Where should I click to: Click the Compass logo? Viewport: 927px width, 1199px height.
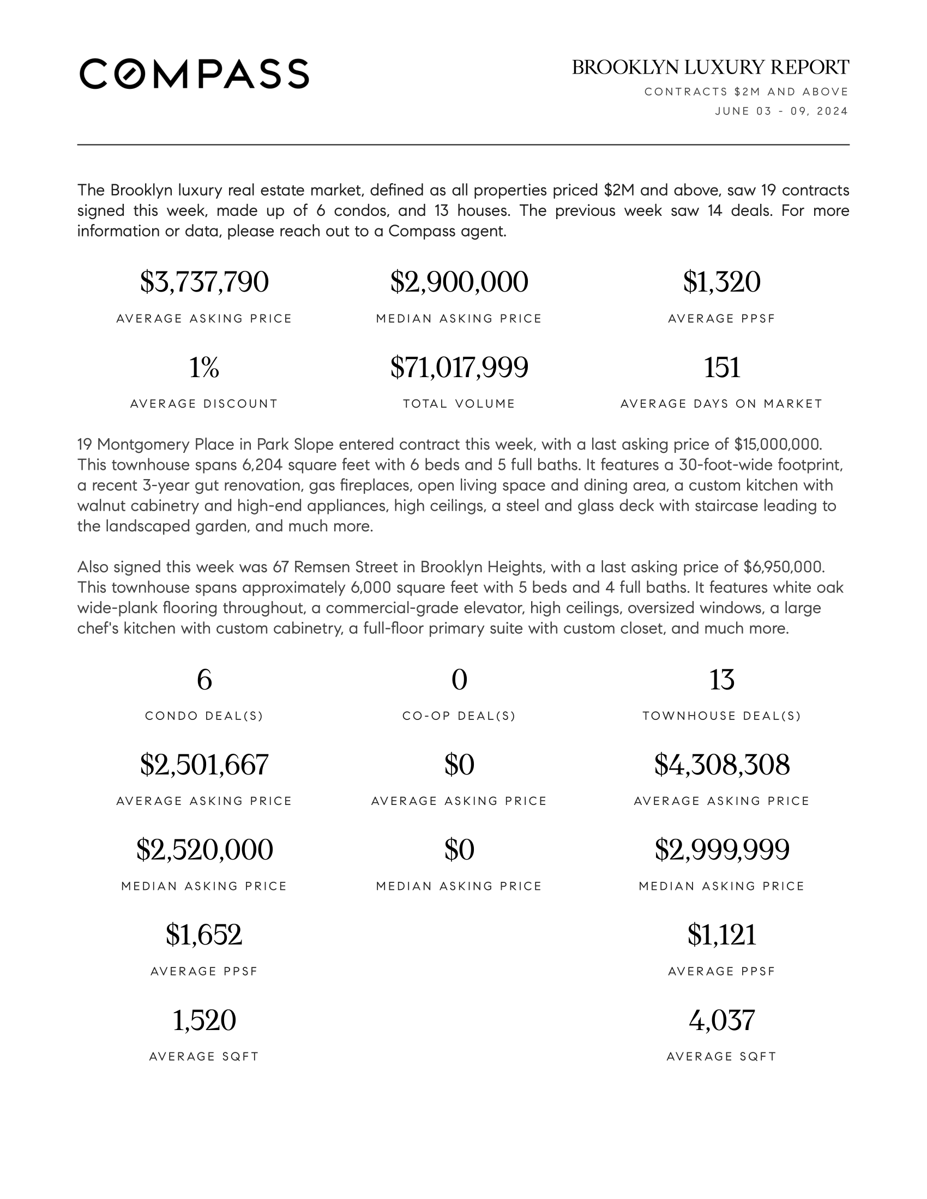point(194,74)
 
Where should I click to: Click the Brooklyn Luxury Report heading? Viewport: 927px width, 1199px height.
point(710,68)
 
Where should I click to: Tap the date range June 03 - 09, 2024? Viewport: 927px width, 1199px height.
point(781,111)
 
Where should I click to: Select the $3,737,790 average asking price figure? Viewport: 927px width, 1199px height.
point(204,282)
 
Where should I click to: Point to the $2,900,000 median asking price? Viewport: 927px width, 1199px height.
point(459,282)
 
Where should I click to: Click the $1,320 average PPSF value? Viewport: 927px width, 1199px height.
point(721,282)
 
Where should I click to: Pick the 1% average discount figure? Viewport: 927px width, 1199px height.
point(204,367)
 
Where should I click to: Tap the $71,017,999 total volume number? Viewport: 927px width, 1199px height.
point(459,367)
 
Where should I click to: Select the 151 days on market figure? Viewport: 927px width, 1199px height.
point(721,367)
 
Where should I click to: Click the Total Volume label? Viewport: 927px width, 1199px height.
point(459,404)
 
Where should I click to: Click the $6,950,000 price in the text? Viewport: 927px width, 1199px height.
point(784,567)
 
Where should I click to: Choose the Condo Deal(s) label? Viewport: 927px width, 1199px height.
point(204,716)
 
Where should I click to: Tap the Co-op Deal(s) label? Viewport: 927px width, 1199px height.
point(459,716)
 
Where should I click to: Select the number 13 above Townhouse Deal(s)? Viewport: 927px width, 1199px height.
point(721,680)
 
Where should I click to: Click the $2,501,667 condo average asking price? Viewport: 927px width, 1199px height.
point(204,765)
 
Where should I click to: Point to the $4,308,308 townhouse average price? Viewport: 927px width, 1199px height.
point(721,765)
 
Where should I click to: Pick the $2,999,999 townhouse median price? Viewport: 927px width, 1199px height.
point(721,850)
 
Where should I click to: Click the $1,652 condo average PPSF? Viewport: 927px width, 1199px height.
point(204,935)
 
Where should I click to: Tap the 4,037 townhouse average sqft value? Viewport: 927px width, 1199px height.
point(721,1020)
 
